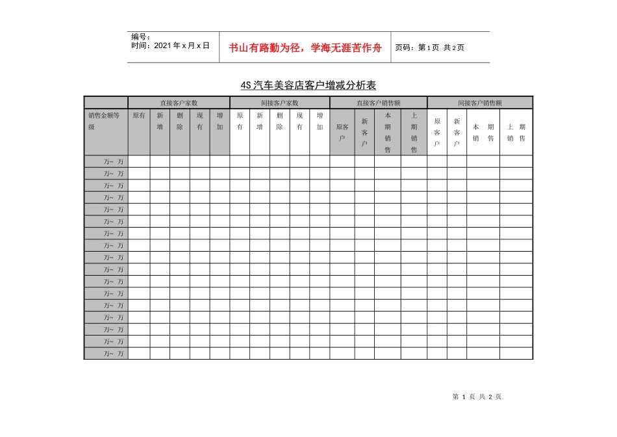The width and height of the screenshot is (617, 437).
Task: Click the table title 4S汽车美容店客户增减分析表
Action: tap(308, 85)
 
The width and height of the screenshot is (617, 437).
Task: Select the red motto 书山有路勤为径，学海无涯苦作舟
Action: tap(305, 47)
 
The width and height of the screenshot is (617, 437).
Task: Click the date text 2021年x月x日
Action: tap(170, 46)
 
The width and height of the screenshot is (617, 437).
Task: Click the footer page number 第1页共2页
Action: tap(477, 397)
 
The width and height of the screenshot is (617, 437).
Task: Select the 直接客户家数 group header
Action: tap(179, 103)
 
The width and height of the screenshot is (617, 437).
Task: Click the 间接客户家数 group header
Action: tap(280, 103)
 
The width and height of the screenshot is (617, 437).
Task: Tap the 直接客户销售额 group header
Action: tap(378, 103)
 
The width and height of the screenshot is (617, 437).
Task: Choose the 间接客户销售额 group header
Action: tap(479, 103)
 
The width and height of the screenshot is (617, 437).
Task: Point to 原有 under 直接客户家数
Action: tap(139, 116)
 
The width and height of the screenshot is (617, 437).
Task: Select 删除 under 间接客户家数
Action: tap(279, 122)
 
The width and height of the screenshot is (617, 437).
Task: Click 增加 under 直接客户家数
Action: tap(220, 122)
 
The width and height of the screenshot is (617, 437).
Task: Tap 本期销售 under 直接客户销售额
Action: tap(387, 133)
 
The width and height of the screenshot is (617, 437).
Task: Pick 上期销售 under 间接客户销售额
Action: tap(516, 133)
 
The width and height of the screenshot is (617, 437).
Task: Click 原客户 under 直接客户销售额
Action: tap(342, 133)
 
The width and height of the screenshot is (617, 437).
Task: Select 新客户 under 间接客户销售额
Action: tap(457, 133)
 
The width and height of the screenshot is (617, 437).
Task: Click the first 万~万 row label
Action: tap(114, 161)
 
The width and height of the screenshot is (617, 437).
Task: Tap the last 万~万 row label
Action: tap(114, 354)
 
